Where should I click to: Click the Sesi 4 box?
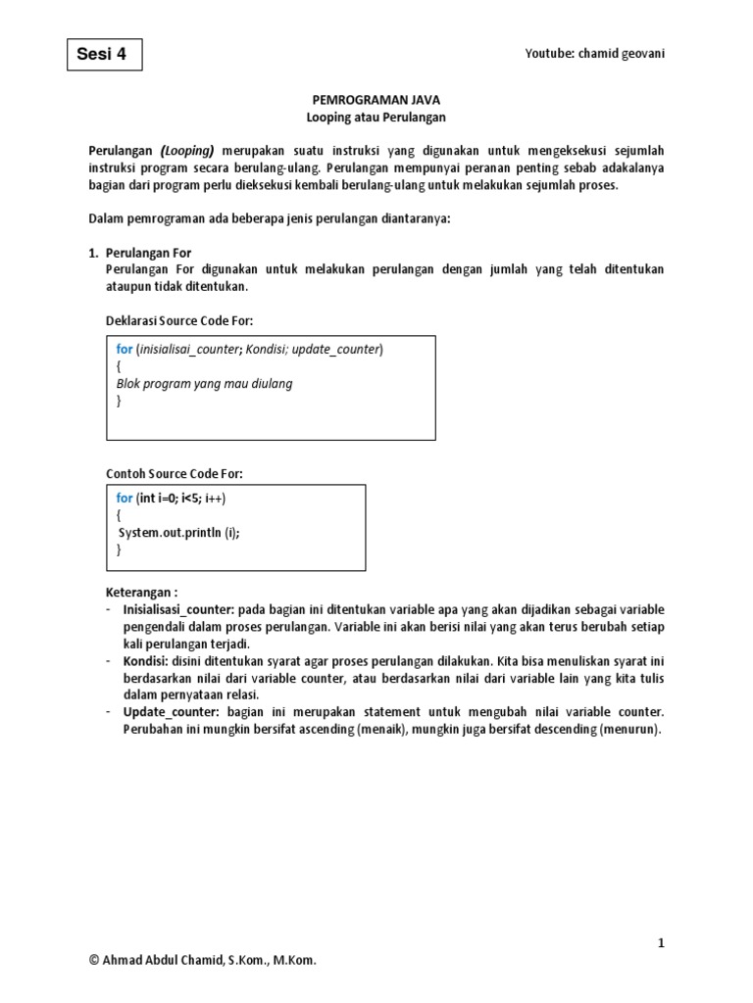[x=104, y=56]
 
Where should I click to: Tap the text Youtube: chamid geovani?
[x=595, y=54]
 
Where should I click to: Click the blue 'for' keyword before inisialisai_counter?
[x=125, y=349]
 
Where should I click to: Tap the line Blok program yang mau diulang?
[x=204, y=383]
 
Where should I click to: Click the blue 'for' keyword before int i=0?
[x=125, y=499]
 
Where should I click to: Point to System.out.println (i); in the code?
[x=178, y=533]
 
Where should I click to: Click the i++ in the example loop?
[x=215, y=499]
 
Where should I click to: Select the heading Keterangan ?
[x=141, y=593]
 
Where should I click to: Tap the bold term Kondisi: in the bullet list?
[x=146, y=662]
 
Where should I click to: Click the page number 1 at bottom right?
[x=661, y=942]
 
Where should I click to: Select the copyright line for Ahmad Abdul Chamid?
[x=203, y=962]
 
